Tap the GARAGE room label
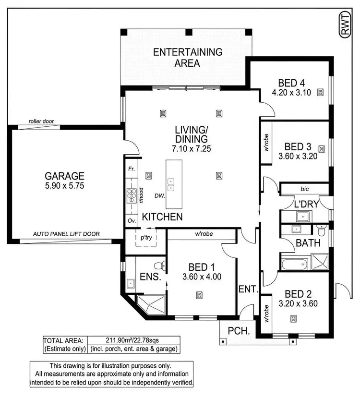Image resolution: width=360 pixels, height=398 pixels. (65, 176)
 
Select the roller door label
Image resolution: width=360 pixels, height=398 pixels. (41, 121)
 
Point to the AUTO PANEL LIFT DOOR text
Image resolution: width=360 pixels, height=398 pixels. (66, 234)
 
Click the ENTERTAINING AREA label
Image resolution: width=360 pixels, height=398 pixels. (188, 57)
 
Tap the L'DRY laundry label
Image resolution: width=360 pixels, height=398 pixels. (306, 204)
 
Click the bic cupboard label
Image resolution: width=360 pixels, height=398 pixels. (304, 188)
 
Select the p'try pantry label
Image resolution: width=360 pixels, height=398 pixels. (145, 238)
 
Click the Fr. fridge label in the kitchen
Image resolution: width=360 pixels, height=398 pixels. (132, 169)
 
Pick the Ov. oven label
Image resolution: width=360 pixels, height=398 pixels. (132, 221)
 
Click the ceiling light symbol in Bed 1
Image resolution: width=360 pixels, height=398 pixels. (198, 295)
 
